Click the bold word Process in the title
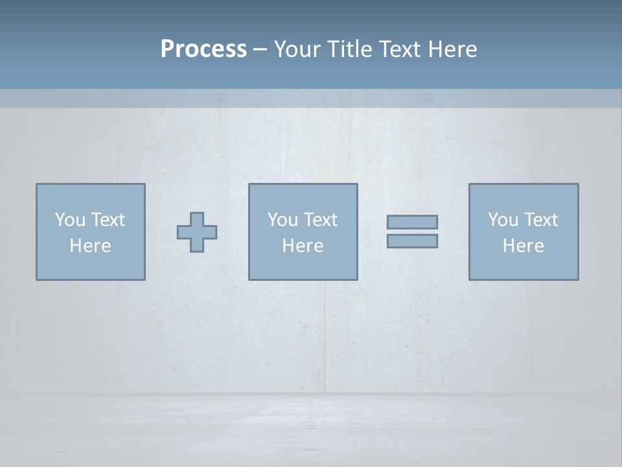point(203,49)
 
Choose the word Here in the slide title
point(454,49)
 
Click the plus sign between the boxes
point(197,232)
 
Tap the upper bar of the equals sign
point(412,222)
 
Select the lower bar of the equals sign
point(412,241)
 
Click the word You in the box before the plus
point(69,220)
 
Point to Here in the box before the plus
point(91,246)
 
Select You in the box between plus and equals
point(282,220)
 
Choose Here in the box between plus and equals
point(303,246)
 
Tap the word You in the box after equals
point(502,220)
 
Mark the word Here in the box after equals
point(524,246)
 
